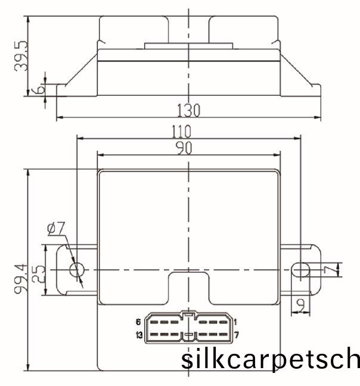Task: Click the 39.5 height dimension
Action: coord(21,56)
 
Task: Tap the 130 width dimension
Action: coord(188,110)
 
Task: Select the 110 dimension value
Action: coord(181,132)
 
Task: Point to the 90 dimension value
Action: coord(184,148)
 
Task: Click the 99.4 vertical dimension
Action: coord(20,279)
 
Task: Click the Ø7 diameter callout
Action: coord(56,228)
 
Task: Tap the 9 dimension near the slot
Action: coord(300,305)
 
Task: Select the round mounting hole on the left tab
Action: coord(77,270)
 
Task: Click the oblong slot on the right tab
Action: coord(300,270)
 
